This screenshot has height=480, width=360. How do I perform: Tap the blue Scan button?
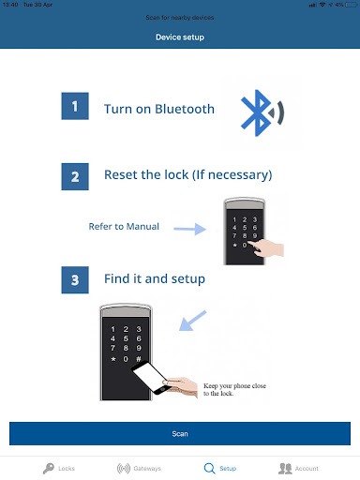(x=179, y=434)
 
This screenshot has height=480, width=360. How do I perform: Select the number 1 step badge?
(x=75, y=106)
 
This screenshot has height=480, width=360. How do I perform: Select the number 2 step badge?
(x=75, y=174)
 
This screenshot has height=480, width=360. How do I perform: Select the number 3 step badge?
(x=75, y=278)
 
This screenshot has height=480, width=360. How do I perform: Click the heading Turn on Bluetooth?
(x=158, y=109)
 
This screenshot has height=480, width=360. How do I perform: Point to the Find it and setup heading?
(x=154, y=278)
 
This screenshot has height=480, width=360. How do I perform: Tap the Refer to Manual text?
(x=124, y=226)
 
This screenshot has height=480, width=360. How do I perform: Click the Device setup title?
(x=179, y=37)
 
